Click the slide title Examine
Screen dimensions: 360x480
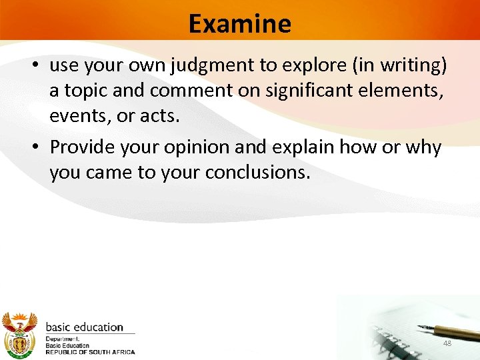pos(239,23)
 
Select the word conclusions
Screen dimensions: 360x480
pos(257,173)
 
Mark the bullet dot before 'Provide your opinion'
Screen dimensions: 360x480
pos(38,147)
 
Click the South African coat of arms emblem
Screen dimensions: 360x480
pos(19,333)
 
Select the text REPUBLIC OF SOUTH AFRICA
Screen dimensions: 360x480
pos(89,352)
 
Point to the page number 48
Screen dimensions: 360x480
pos(447,343)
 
